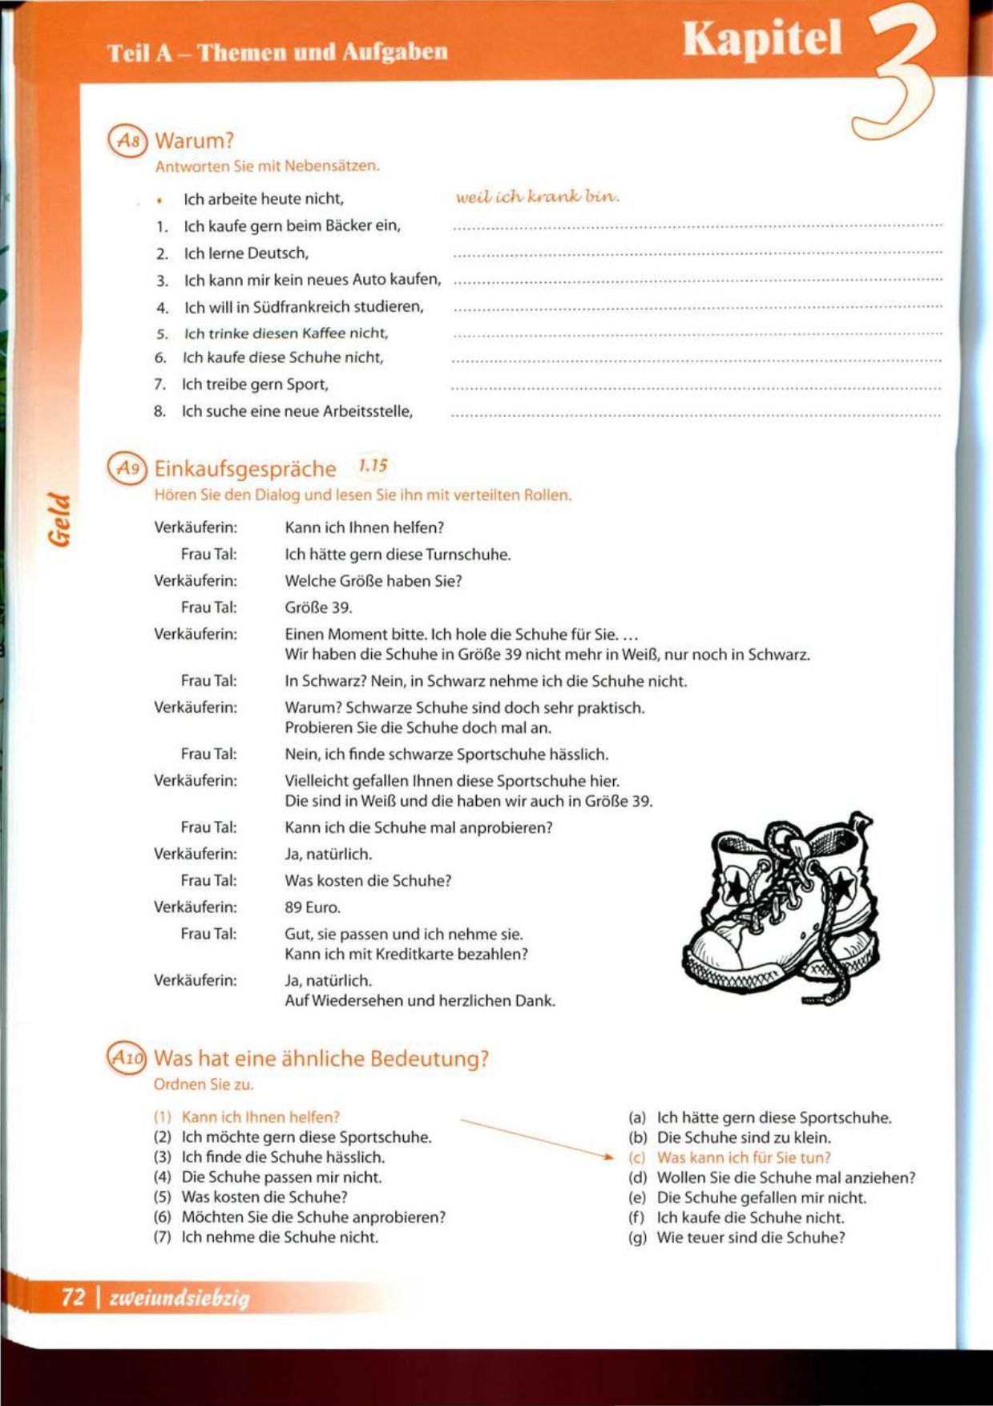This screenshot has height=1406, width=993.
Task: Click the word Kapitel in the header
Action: tap(762, 38)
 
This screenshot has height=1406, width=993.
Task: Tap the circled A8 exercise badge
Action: tap(128, 141)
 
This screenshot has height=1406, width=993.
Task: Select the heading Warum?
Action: tap(194, 141)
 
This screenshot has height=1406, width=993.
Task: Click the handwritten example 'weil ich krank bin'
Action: tap(537, 196)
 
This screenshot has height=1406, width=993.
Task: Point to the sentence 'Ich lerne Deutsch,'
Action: tap(246, 253)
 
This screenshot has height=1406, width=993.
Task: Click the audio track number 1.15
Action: tap(373, 465)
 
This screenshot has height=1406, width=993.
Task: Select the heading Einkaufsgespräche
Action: tap(244, 468)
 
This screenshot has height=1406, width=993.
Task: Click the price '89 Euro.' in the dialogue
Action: tap(313, 907)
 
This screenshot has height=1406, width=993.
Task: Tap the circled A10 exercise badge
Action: tap(127, 1058)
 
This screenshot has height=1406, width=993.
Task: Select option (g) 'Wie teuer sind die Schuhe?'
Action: tap(750, 1238)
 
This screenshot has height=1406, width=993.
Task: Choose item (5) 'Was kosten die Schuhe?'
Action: tap(264, 1198)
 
